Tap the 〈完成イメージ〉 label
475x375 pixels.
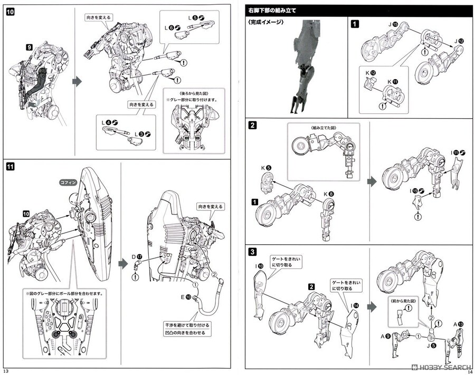pyautogui.click(x=264, y=23)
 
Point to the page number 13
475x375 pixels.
pyautogui.click(x=6, y=370)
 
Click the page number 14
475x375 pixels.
pyautogui.click(x=469, y=370)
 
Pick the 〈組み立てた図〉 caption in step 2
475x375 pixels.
pyautogui.click(x=323, y=127)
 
